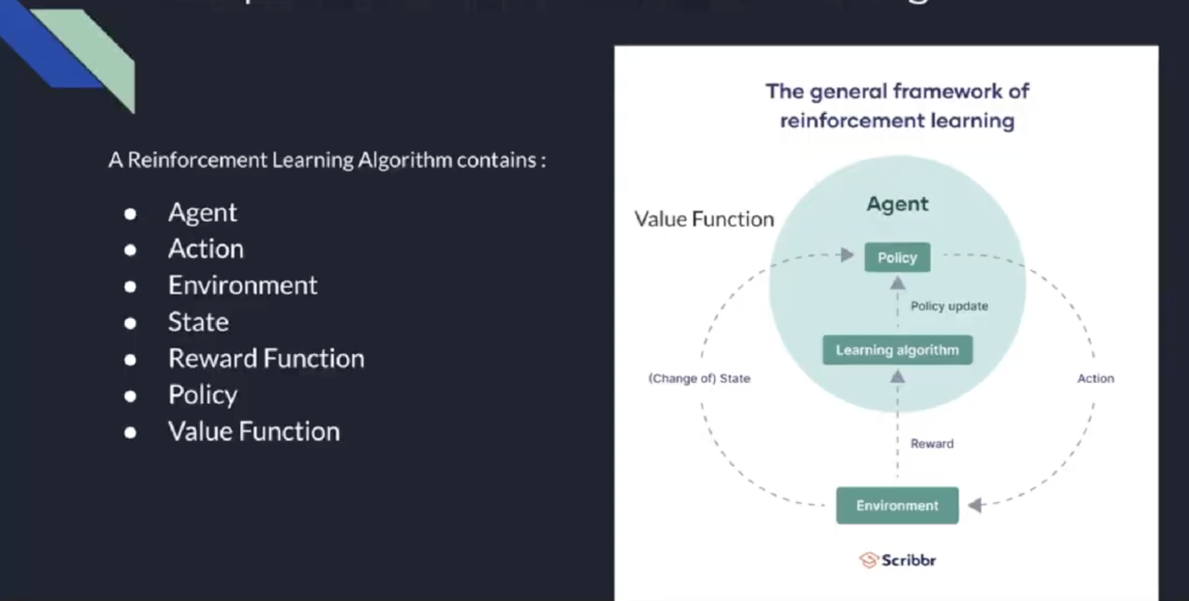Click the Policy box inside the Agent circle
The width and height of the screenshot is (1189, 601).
897,257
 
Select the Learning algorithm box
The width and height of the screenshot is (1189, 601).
897,350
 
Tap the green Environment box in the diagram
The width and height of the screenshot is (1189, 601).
897,506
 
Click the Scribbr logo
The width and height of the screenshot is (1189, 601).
898,560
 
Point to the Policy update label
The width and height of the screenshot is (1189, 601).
949,306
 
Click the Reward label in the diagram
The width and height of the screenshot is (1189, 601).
931,443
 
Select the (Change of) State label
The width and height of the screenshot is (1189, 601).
699,379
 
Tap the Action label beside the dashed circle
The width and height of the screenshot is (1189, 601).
1095,379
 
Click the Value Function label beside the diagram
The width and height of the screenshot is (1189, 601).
704,219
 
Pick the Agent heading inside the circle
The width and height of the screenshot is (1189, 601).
897,204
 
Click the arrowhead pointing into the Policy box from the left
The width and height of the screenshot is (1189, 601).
846,255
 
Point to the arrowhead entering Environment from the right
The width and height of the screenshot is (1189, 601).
975,506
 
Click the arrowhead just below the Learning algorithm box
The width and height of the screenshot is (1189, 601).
897,377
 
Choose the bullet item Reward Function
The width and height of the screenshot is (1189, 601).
265,359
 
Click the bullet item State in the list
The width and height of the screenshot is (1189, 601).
198,322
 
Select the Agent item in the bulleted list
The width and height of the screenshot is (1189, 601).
202,212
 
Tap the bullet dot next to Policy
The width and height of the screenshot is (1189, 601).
130,396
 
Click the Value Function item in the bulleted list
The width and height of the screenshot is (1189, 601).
254,432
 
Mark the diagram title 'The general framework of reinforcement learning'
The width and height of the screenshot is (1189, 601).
897,106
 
